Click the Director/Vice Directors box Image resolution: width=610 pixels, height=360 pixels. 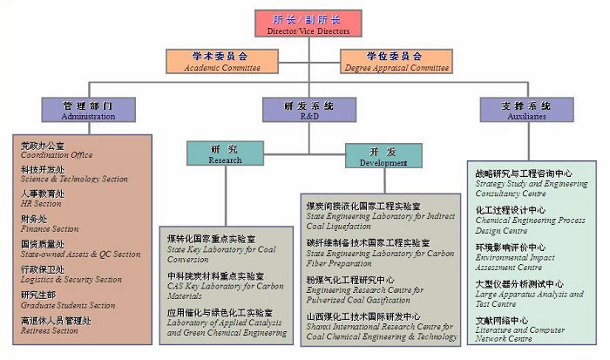click(x=308, y=24)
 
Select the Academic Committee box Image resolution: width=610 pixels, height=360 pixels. click(x=220, y=59)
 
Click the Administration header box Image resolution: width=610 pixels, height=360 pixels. click(x=88, y=109)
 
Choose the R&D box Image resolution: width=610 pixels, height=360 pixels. click(x=308, y=109)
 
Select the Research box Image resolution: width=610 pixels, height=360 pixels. click(x=224, y=153)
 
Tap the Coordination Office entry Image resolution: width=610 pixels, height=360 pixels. click(x=57, y=150)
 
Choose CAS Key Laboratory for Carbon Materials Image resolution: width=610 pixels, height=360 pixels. click(x=225, y=286)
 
